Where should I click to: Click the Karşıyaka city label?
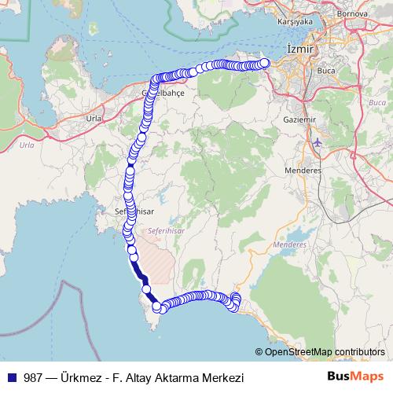pyautogui.click(x=295, y=22)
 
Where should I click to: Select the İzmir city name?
pyautogui.click(x=300, y=49)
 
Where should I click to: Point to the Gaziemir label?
pyautogui.click(x=297, y=119)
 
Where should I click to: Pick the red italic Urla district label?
pyautogui.click(x=27, y=145)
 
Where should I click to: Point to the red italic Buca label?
pyautogui.click(x=377, y=103)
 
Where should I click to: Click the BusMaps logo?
pyautogui.click(x=355, y=377)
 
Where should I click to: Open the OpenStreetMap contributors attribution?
pyautogui.click(x=325, y=351)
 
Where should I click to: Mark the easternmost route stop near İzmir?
pyautogui.click(x=264, y=63)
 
